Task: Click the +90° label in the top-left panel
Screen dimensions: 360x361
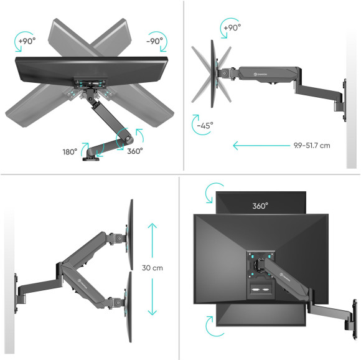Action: (27, 40)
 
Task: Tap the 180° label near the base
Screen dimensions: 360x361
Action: (70, 151)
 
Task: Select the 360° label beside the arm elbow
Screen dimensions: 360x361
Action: (134, 150)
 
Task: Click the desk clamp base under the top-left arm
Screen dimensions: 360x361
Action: (96, 159)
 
